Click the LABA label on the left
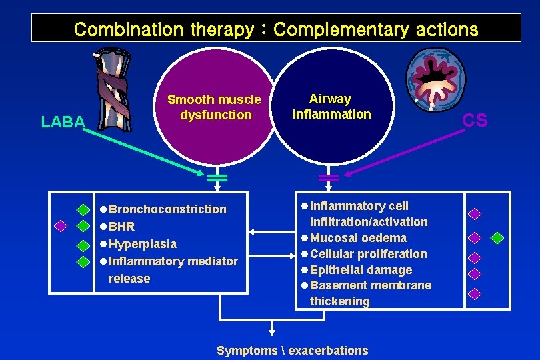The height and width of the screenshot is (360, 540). pyautogui.click(x=63, y=121)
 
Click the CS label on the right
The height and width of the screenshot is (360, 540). pyautogui.click(x=475, y=120)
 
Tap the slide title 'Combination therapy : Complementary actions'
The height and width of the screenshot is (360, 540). pyautogui.click(x=276, y=29)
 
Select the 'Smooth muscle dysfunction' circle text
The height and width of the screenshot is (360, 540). pyautogui.click(x=214, y=107)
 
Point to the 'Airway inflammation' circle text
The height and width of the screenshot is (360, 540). pyautogui.click(x=331, y=107)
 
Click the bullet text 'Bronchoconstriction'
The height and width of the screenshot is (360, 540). pyautogui.click(x=167, y=209)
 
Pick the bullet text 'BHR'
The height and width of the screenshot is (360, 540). pyautogui.click(x=121, y=227)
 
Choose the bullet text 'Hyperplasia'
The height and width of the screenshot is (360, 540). pyautogui.click(x=143, y=244)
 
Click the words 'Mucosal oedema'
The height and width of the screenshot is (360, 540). pyautogui.click(x=358, y=238)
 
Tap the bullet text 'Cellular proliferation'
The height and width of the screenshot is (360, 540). pyautogui.click(x=368, y=254)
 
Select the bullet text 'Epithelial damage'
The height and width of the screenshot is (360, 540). pyautogui.click(x=361, y=270)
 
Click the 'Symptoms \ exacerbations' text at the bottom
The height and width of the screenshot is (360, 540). pyautogui.click(x=292, y=351)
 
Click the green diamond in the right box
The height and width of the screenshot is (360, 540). pyautogui.click(x=497, y=237)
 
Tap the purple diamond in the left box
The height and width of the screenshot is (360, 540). pyautogui.click(x=61, y=226)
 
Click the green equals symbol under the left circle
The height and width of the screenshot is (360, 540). pyautogui.click(x=217, y=177)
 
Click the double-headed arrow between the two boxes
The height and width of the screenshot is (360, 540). pyautogui.click(x=272, y=233)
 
